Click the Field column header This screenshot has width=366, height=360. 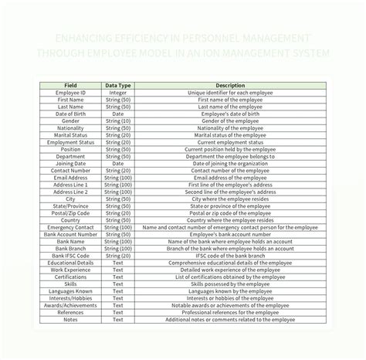tap(70, 85)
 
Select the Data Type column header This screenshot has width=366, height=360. tap(118, 85)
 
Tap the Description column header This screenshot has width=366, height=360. tap(230, 85)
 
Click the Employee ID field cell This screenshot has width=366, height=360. tap(70, 93)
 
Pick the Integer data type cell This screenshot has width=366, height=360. tap(118, 93)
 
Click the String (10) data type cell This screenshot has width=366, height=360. tap(118, 121)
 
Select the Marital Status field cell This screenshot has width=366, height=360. tap(70, 135)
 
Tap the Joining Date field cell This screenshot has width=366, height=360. tap(70, 164)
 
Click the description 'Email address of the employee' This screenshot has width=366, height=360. tap(230, 178)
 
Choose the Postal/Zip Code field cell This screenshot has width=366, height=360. tap(70, 212)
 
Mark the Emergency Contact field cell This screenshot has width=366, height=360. tap(70, 227)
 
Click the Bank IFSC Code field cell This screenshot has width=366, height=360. tap(70, 255)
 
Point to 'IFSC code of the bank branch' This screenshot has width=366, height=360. tap(230, 255)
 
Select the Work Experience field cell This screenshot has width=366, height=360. tap(70, 269)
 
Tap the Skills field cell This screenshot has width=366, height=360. tap(70, 284)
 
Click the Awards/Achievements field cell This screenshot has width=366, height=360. tap(70, 304)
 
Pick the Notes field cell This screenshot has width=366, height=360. tap(70, 318)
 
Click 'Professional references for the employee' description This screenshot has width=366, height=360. tap(230, 311)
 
